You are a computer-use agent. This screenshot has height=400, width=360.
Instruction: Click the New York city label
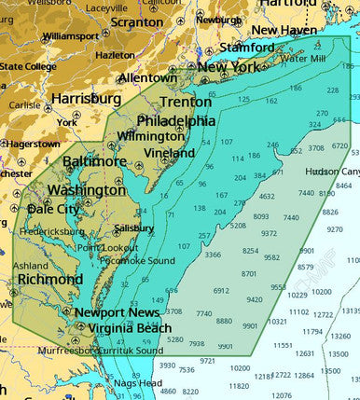(x=228, y=67)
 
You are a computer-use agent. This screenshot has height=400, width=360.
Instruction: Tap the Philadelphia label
(x=176, y=121)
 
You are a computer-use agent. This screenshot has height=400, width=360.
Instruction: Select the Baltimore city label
(x=94, y=161)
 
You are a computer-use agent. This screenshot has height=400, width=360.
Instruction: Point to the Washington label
(x=86, y=190)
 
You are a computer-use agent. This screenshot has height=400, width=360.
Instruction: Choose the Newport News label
(x=112, y=312)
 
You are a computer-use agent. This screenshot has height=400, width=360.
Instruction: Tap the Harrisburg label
(x=86, y=98)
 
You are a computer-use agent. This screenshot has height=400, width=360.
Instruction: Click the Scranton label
(x=136, y=21)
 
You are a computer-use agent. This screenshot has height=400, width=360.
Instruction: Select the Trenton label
(x=186, y=102)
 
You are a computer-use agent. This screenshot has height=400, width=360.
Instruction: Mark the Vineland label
(x=170, y=153)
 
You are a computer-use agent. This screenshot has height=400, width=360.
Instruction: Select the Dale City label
(x=53, y=209)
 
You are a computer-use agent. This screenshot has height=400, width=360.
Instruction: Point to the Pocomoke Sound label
(x=139, y=261)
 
